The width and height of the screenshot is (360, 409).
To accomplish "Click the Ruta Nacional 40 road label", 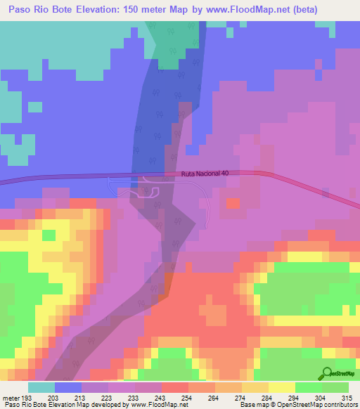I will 205,174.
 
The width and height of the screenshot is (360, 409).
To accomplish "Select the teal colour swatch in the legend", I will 41,387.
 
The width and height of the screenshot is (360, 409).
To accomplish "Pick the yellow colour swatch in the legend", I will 282,387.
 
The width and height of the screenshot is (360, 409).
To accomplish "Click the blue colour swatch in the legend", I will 68,387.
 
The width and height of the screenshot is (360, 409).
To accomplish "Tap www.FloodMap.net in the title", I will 255,10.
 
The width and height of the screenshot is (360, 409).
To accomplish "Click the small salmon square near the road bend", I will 233,203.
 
